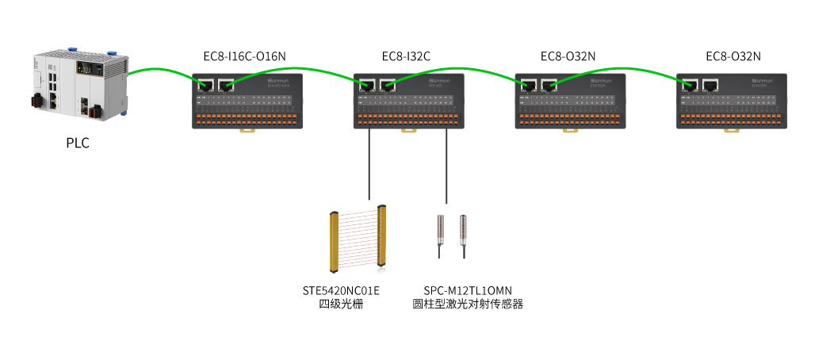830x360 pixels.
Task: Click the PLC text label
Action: click(78, 144)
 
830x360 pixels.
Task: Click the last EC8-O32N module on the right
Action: click(732, 101)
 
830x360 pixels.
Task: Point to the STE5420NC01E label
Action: click(341, 290)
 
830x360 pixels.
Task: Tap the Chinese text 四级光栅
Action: click(341, 304)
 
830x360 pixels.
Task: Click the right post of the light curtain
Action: click(384, 238)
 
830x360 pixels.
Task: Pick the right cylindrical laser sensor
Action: click(463, 232)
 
